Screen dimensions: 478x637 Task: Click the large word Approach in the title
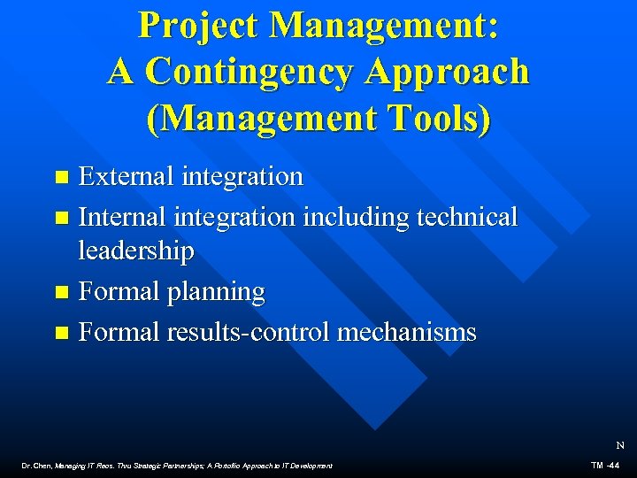point(454,72)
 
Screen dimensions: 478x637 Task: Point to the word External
point(127,176)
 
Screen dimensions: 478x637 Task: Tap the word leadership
point(135,251)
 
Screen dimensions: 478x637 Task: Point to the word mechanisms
point(407,332)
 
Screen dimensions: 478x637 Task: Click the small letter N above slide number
point(619,446)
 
